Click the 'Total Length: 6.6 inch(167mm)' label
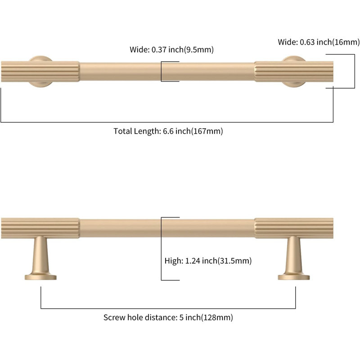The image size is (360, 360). point(168,131)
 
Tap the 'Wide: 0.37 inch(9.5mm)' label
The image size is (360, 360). point(171,49)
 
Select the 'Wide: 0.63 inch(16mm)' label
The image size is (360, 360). point(319,42)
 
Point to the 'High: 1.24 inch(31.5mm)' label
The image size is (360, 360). point(208,261)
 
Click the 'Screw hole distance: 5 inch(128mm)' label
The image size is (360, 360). point(168,318)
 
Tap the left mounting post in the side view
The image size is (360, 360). point(40,258)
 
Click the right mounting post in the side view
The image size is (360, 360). point(294,258)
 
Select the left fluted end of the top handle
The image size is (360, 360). point(40,72)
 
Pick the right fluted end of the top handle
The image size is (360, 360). point(294,72)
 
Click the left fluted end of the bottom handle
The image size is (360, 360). point(40,228)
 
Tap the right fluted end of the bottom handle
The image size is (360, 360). point(294,228)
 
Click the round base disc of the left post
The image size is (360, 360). point(40,277)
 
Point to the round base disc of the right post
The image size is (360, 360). point(294,277)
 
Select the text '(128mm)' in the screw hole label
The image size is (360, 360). point(217,318)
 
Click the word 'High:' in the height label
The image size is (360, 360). point(174,261)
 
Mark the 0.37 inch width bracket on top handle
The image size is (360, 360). point(161,72)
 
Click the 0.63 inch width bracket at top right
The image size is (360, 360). point(355,71)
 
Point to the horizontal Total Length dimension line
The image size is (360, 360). point(167,122)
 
